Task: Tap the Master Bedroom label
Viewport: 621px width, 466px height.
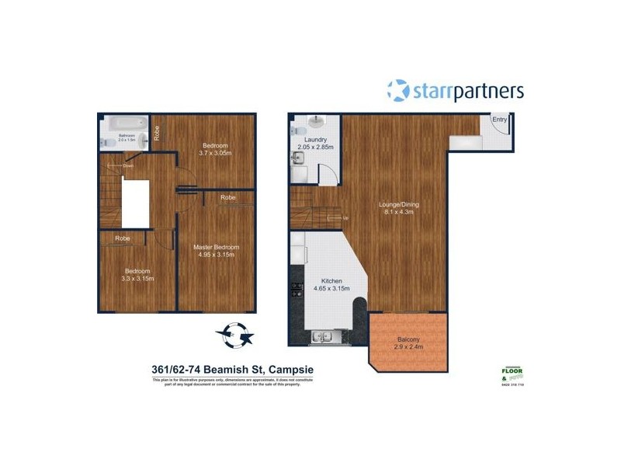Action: tap(216, 247)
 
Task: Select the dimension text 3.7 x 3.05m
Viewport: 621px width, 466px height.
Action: tap(215, 153)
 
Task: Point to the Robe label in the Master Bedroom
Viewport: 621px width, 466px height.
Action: tap(227, 198)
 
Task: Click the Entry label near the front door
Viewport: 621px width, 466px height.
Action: tap(499, 120)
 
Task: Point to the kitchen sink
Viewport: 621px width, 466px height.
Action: tap(321, 337)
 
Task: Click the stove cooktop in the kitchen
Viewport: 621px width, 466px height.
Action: tap(296, 292)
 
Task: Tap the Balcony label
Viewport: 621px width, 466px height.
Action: tap(408, 339)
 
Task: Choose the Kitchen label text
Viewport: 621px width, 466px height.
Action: tap(332, 280)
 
